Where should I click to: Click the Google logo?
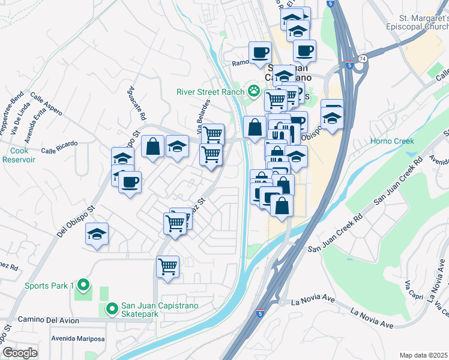tap(20, 353)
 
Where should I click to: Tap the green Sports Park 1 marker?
tap(84, 286)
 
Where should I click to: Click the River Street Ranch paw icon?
tap(255, 92)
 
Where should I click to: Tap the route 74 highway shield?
tap(362, 59)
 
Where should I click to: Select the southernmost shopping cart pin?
tap(167, 266)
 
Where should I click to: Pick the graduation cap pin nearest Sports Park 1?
tap(97, 234)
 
